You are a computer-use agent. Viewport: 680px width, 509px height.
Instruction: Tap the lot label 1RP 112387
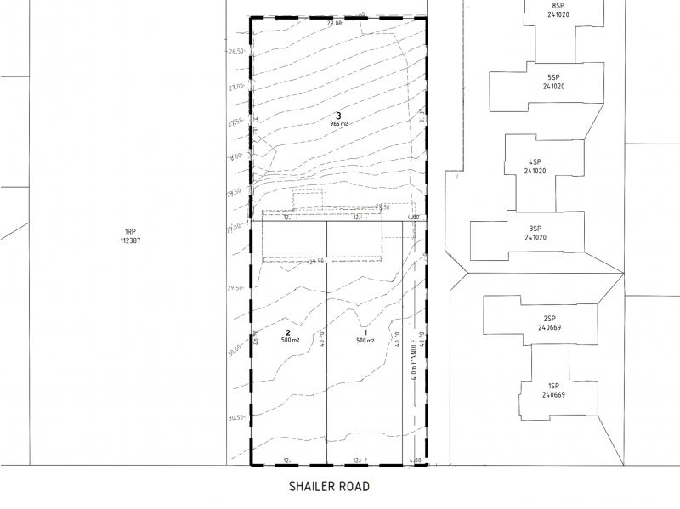pos(130,235)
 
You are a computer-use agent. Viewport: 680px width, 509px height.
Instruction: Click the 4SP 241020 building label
pos(535,167)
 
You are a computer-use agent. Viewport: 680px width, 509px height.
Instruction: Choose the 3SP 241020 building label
pos(535,233)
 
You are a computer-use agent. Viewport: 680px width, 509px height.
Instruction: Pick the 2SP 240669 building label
pos(550,323)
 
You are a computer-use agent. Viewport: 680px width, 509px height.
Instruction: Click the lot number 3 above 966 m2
pos(339,116)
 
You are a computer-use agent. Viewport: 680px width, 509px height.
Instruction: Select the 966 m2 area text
pos(340,124)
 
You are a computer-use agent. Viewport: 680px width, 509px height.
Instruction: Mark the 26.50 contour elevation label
pos(237,50)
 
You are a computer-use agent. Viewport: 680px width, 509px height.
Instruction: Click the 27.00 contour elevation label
pos(237,86)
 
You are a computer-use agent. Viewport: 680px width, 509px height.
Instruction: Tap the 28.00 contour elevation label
pos(237,156)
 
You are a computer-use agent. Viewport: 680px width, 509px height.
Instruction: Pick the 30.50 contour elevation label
pos(237,417)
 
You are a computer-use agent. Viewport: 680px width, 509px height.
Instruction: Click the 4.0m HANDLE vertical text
pos(414,357)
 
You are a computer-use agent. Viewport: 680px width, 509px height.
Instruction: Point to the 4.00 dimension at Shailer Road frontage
pos(416,461)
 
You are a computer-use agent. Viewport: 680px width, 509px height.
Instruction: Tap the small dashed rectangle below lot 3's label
pos(309,199)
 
